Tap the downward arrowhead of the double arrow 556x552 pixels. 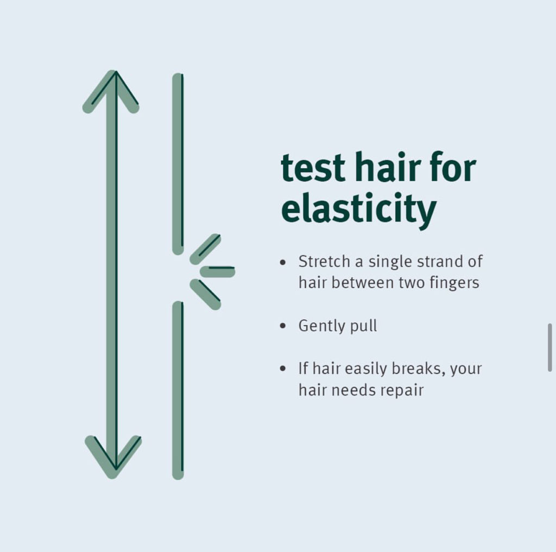pos(113,459)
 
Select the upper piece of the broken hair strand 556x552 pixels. pos(178,163)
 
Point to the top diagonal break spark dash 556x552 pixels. pos(206,249)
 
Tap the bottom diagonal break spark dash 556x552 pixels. pos(206,294)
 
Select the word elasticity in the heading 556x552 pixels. pos(359,208)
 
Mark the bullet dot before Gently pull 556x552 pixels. pos(282,326)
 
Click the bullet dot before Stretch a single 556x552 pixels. pos(282,262)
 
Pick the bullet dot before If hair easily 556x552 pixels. pos(282,369)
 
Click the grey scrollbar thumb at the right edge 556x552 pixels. pos(550,347)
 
